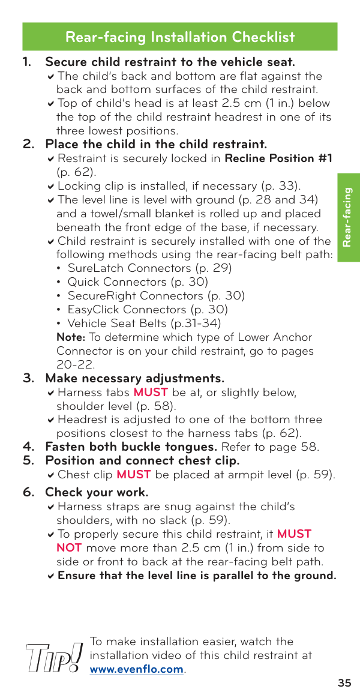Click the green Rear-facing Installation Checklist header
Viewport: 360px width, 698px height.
180,37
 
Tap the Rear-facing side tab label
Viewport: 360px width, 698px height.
349,217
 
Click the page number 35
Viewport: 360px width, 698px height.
344,683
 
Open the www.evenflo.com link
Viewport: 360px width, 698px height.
137,669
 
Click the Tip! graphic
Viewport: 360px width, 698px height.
54,657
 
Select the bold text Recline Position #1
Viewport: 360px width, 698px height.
278,158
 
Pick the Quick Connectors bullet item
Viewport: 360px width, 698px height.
137,282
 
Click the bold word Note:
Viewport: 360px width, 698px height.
71,337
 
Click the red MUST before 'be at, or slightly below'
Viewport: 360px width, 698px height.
151,393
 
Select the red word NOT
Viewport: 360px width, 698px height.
69,548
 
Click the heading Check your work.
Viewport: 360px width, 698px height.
97,493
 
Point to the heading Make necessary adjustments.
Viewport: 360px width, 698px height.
134,379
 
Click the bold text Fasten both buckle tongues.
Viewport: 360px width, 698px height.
131,447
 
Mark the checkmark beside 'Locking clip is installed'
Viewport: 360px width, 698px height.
51,187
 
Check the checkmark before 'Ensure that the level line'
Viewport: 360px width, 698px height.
51,576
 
